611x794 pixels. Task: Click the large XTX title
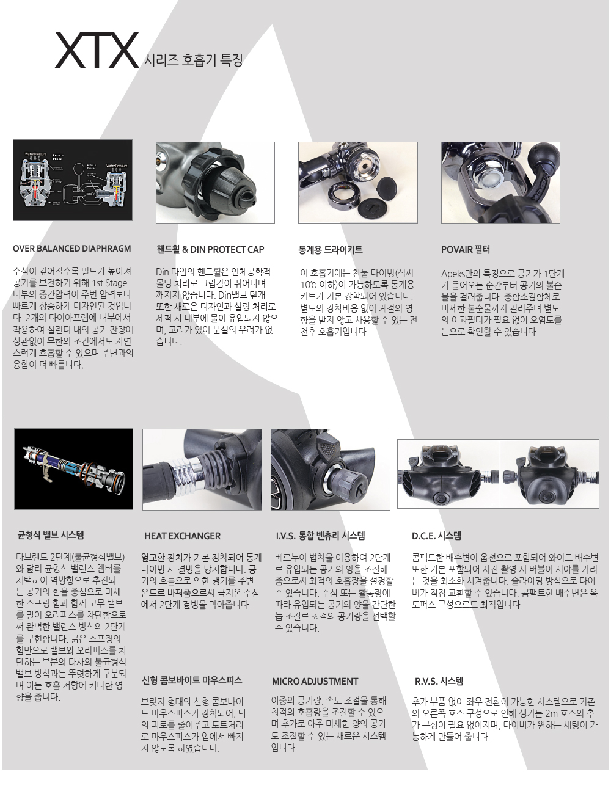coord(97,50)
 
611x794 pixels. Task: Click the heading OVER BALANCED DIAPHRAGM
coord(71,249)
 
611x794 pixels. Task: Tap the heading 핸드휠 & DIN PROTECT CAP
coord(210,250)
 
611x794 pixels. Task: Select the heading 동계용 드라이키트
coord(331,250)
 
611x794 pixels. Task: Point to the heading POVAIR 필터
coord(465,250)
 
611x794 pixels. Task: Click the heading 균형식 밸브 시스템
coord(51,535)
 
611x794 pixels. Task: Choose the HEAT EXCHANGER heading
coord(182,536)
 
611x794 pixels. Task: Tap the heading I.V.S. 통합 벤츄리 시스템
coord(320,536)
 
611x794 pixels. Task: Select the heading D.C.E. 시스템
coord(436,536)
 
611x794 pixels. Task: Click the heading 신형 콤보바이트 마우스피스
coord(192,680)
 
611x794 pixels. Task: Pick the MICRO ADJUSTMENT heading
coord(315,682)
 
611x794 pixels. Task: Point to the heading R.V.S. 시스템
coord(439,681)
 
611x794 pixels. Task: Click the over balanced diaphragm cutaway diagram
coord(73,180)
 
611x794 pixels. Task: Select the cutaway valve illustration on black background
coord(73,469)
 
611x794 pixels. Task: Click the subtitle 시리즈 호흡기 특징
coord(194,60)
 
